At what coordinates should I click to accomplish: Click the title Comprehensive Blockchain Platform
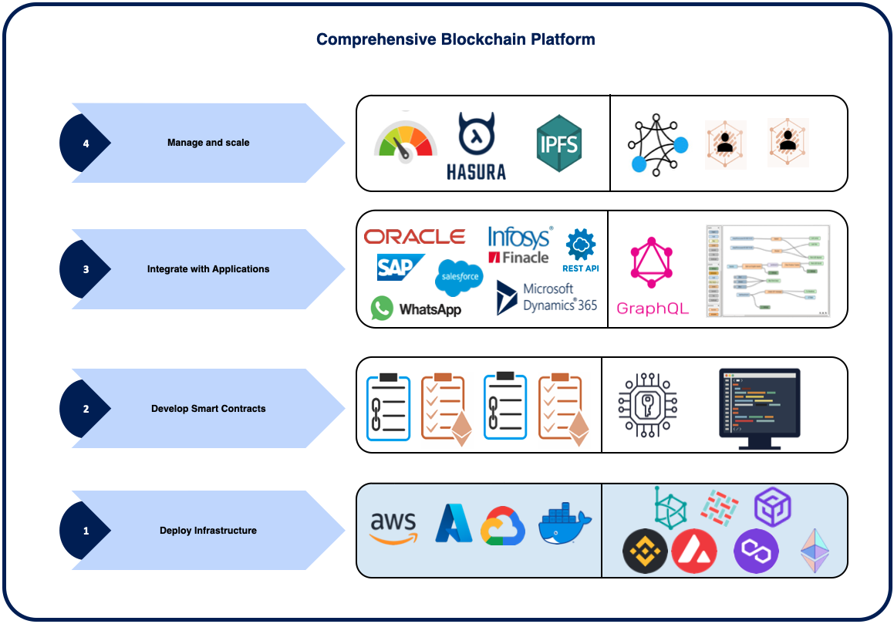point(455,40)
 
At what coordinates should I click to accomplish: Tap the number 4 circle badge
point(86,143)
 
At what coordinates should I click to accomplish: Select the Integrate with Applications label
point(208,269)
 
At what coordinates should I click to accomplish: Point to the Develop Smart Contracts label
point(208,409)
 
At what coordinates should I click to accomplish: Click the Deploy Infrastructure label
point(208,531)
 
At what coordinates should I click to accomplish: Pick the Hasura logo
point(476,146)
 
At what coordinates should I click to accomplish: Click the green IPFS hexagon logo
point(558,144)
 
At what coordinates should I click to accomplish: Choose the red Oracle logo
point(414,237)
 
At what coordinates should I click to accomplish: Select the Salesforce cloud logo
point(459,277)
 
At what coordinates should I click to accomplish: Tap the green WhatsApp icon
point(382,309)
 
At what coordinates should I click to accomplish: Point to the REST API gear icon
point(581,245)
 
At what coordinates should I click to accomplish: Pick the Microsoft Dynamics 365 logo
point(547,297)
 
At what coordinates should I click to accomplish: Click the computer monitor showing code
point(759,407)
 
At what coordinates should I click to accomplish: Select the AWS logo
point(393,528)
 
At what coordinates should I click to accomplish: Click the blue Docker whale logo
point(565,525)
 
